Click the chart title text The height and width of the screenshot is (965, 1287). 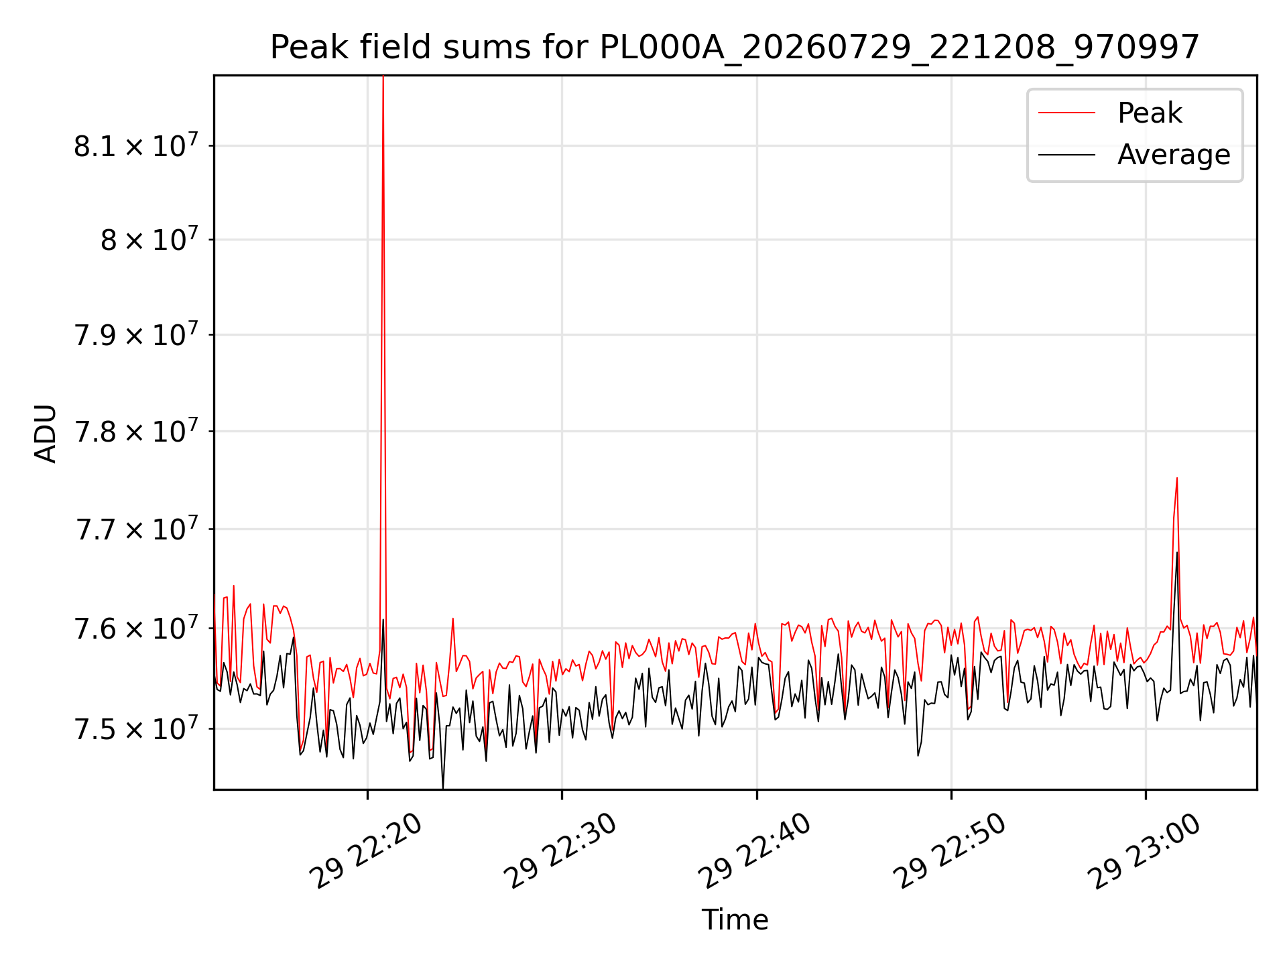(x=735, y=48)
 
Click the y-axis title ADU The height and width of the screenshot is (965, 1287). (x=46, y=433)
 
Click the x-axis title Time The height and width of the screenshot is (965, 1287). (x=735, y=919)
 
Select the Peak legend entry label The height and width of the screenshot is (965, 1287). (x=1150, y=113)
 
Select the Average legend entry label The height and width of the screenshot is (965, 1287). (x=1174, y=155)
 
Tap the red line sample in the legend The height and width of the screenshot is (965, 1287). (x=1067, y=113)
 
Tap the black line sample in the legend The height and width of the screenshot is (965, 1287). (x=1067, y=155)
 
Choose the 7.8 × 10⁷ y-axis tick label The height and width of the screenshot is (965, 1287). (x=136, y=430)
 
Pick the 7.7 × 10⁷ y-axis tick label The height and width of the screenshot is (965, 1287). (x=136, y=528)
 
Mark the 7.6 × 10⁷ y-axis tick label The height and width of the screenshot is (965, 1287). (x=136, y=627)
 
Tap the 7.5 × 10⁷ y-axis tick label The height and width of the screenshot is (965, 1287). (x=136, y=727)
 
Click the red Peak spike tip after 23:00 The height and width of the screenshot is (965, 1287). (x=1176, y=478)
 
